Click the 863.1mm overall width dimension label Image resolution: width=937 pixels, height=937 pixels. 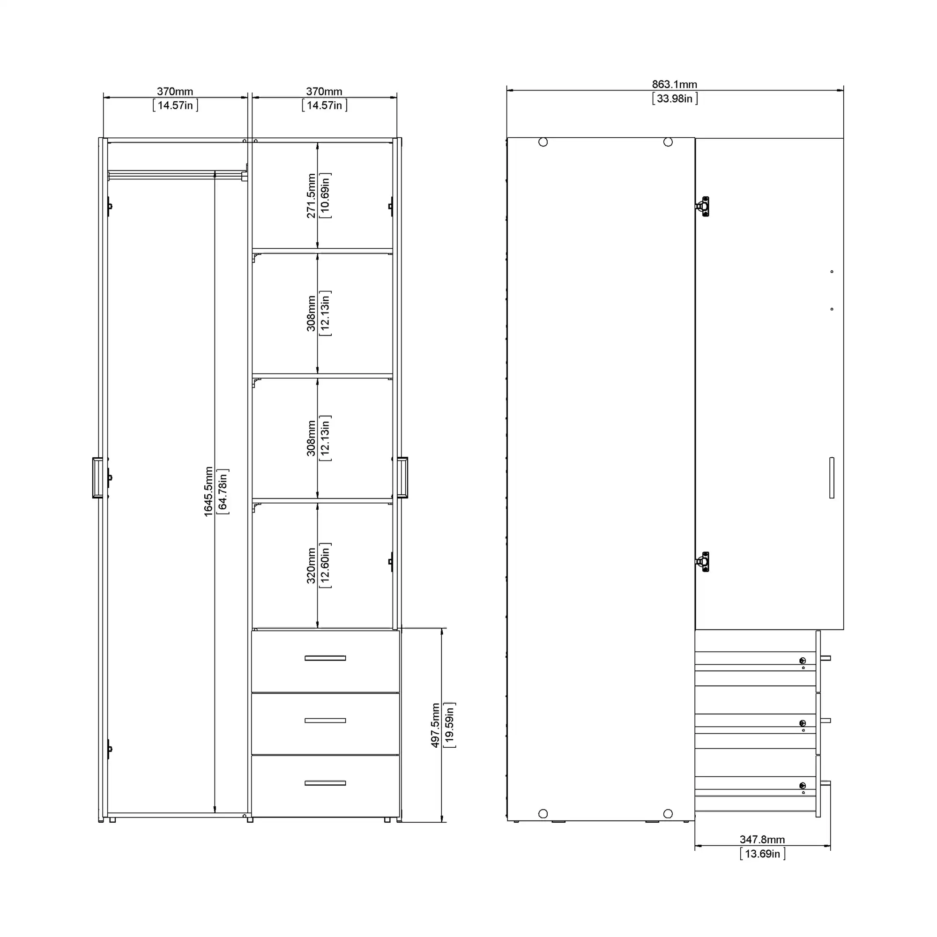674,84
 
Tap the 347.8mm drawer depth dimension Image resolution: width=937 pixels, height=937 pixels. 762,839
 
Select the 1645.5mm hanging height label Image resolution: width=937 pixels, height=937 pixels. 208,492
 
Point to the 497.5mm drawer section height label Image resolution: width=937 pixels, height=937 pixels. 436,725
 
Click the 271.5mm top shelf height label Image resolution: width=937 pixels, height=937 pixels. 312,196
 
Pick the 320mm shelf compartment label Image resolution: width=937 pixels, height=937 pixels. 312,565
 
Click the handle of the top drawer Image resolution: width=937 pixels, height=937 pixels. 325,658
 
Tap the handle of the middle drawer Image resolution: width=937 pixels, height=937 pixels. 325,721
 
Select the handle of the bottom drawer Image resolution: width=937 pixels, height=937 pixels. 325,783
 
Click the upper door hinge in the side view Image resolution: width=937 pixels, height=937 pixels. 703,207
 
